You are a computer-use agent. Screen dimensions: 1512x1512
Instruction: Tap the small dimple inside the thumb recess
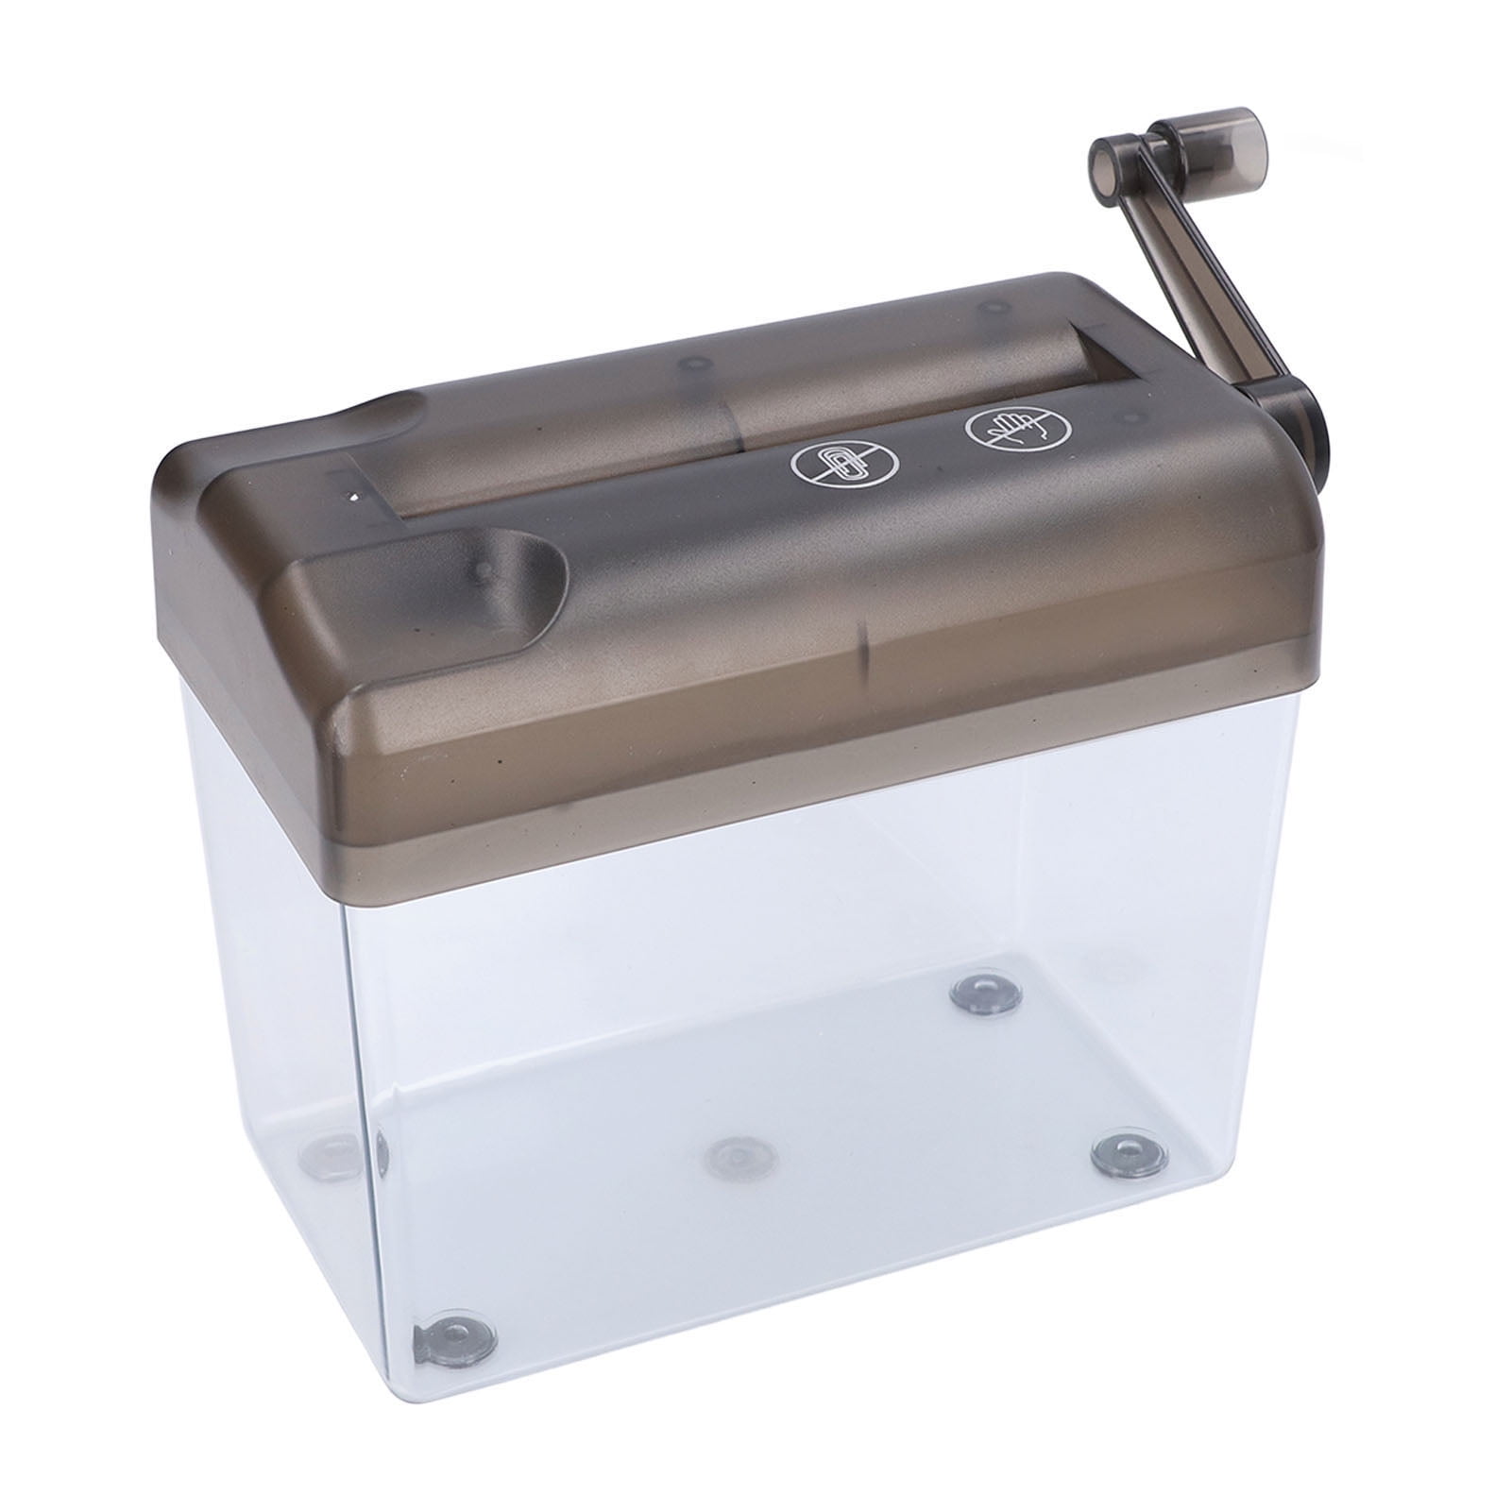482,570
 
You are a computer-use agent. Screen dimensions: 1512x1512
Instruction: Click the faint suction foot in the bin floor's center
736,1154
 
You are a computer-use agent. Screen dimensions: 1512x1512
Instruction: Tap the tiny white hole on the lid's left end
354,496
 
